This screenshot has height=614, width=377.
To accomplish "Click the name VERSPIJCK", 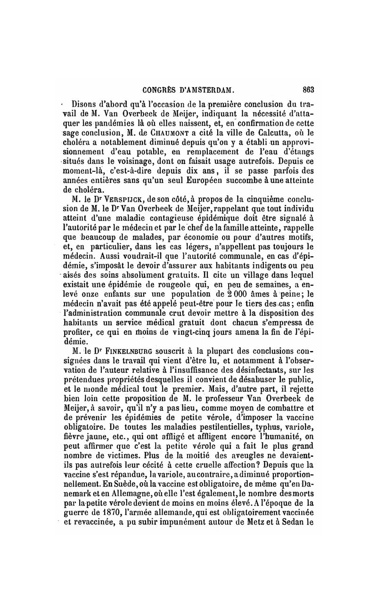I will (118, 201).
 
